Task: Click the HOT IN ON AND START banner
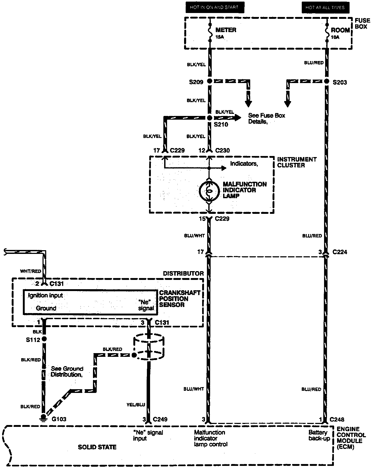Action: coord(215,7)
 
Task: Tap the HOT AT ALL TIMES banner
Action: coord(325,7)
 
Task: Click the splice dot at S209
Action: coord(210,81)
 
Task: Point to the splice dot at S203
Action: coord(326,81)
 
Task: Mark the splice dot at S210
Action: coord(210,118)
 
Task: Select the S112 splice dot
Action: coord(44,339)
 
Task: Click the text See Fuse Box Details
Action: coord(266,118)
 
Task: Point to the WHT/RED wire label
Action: coord(31,271)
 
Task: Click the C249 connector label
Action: coord(160,419)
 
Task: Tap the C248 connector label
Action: coord(337,419)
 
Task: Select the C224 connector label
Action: coord(340,252)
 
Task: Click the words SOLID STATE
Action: coord(97,447)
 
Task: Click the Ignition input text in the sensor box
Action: coord(45,295)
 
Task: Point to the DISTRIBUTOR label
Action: coord(183,273)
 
